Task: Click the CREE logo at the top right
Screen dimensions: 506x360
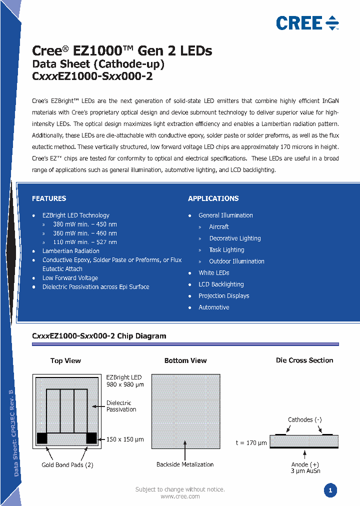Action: tap(307, 23)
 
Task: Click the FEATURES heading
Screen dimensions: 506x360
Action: tap(49, 198)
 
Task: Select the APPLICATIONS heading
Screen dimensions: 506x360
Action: tap(213, 198)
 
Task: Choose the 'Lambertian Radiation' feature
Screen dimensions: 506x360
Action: tap(70, 251)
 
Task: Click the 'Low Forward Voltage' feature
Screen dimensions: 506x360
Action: tap(70, 278)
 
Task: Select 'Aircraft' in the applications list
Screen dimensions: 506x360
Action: tap(219, 227)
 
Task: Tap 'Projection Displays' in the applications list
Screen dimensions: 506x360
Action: tap(223, 296)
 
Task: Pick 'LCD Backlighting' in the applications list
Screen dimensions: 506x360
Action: tap(221, 284)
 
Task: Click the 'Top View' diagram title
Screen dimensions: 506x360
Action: tap(65, 360)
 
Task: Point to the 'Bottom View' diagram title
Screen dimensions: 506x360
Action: tap(185, 360)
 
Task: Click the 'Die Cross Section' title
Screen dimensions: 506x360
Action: tap(304, 360)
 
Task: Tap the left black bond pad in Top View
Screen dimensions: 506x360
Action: tap(42, 438)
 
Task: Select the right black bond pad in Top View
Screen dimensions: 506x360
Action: tap(91, 438)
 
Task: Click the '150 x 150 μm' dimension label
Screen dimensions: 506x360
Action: tap(125, 439)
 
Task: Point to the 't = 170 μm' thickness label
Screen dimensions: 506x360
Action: tap(251, 442)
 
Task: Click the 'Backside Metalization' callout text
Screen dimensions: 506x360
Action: tap(185, 464)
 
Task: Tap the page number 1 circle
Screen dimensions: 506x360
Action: tap(330, 490)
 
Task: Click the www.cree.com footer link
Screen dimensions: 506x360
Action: tap(180, 496)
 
